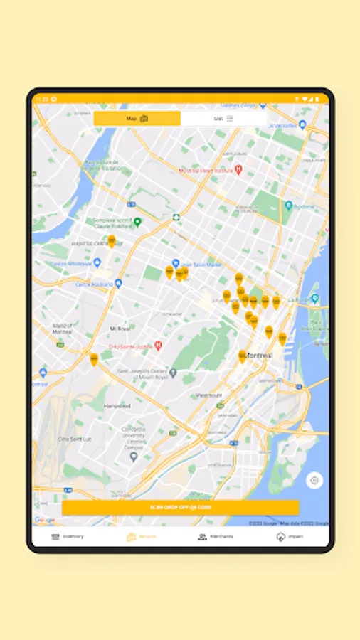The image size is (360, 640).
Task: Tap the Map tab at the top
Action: pyautogui.click(x=137, y=119)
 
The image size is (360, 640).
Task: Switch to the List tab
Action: pyautogui.click(x=223, y=119)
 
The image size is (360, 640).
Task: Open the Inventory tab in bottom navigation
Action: pyautogui.click(x=68, y=536)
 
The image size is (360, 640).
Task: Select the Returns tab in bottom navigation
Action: pyautogui.click(x=142, y=536)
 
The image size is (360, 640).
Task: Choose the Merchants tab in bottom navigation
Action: pyautogui.click(x=216, y=536)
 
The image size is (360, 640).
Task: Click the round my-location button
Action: pyautogui.click(x=314, y=481)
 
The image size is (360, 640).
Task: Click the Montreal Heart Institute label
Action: pyautogui.click(x=206, y=171)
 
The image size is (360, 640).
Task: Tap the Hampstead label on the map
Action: pyautogui.click(x=117, y=406)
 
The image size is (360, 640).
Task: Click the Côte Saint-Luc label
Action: pyautogui.click(x=71, y=439)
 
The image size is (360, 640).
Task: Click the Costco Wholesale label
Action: pyautogui.click(x=71, y=263)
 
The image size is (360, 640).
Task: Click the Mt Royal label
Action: pyautogui.click(x=120, y=329)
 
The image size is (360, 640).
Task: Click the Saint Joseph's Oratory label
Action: pyautogui.click(x=146, y=373)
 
